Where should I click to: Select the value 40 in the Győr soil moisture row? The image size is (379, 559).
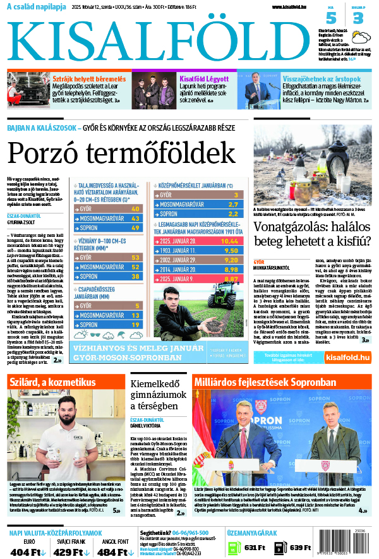pos(135,208)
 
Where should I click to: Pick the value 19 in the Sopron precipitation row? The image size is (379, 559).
pos(135,325)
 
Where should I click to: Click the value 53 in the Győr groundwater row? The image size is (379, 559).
pos(135,257)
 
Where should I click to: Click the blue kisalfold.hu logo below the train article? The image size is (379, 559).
pos(347,358)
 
